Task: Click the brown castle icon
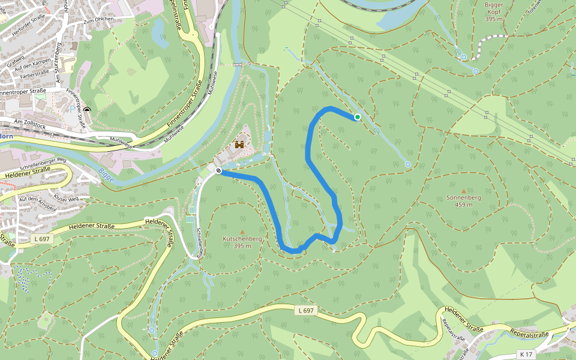point(239,145)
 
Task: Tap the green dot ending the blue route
point(357,117)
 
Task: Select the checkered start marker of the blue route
point(218,171)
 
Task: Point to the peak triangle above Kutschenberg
point(242,232)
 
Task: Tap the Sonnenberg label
point(463,197)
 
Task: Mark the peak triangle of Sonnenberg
point(463,191)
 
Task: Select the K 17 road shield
point(527,354)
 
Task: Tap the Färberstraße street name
point(34,74)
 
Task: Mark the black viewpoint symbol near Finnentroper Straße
point(88,110)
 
